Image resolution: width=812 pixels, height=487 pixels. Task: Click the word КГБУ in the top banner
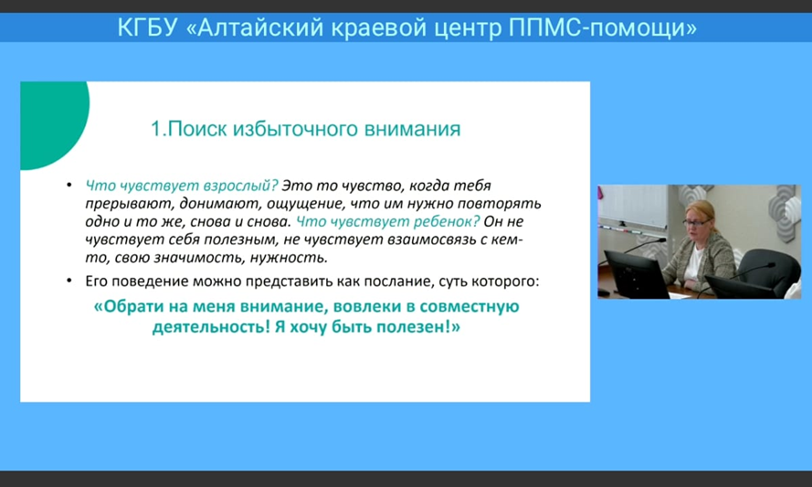(x=147, y=27)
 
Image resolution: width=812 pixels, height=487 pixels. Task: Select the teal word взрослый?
(x=240, y=185)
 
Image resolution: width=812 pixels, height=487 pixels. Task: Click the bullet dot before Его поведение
(x=69, y=281)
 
